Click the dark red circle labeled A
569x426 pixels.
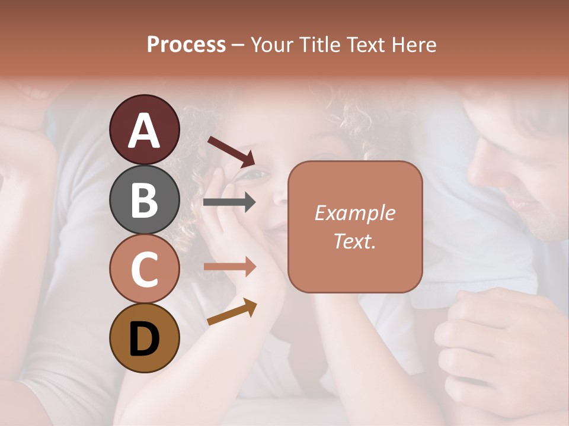click(x=144, y=130)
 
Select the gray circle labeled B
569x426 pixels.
click(x=144, y=199)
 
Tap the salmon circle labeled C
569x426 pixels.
click(x=144, y=269)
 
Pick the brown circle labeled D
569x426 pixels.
click(x=144, y=338)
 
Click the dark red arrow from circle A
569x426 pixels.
click(x=231, y=151)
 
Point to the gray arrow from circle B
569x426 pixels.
click(x=229, y=202)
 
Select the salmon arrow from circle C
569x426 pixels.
click(x=229, y=266)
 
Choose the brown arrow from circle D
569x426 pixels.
click(x=232, y=312)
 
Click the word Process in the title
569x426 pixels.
click(x=186, y=45)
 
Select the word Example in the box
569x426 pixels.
click(x=354, y=214)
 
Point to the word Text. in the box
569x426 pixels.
click(x=354, y=241)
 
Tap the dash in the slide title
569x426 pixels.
click(x=238, y=46)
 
